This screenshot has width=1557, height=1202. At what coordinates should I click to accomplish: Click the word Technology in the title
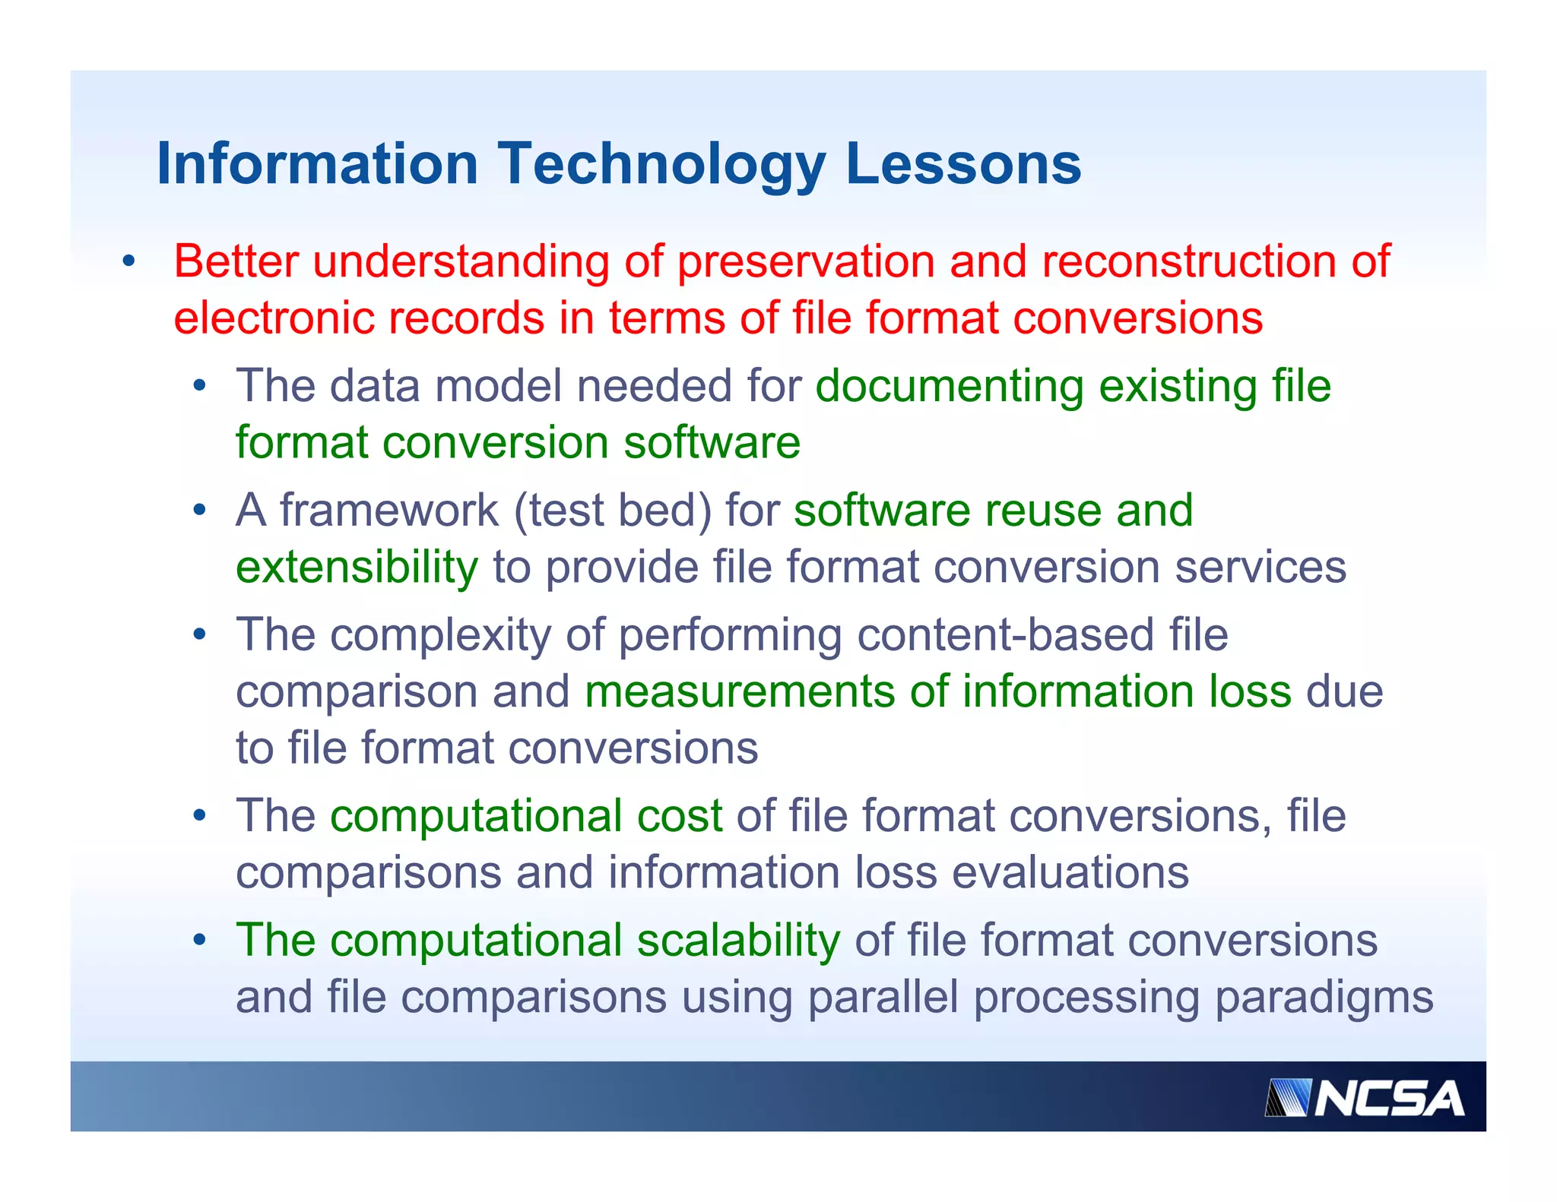pos(661,164)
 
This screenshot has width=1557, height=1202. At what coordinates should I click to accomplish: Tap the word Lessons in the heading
pos(962,164)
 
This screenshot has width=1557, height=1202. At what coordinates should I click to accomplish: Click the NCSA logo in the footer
pos(1365,1099)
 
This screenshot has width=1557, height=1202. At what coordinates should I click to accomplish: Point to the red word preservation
pos(805,261)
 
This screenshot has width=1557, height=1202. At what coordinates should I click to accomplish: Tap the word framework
pos(389,510)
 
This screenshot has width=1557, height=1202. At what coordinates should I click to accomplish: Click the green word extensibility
pos(357,567)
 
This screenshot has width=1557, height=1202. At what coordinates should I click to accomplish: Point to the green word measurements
pos(740,691)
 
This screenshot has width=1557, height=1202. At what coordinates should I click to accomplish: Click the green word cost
pos(679,816)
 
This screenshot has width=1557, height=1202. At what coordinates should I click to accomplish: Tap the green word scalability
pos(738,941)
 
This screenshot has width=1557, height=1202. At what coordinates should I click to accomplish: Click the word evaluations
pos(1070,872)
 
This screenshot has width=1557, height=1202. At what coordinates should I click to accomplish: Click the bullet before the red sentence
pos(128,262)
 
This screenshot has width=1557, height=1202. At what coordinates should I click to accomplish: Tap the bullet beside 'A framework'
pos(199,510)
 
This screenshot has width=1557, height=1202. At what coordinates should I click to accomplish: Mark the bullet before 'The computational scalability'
pos(199,941)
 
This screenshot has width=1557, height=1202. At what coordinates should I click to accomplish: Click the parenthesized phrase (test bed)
pos(613,510)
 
